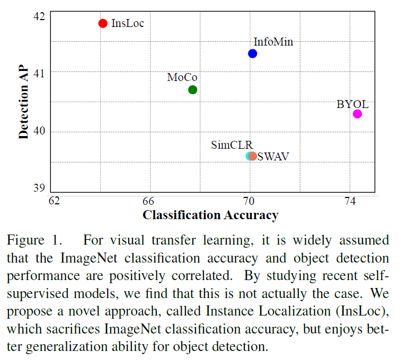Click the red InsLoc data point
(103, 23)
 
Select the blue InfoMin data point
(253, 53)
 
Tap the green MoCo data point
(193, 89)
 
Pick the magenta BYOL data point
(358, 114)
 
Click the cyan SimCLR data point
(249, 156)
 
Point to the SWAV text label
(273, 157)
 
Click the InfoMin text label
(273, 42)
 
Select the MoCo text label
(182, 78)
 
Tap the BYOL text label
(353, 104)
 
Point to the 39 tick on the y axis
(39, 188)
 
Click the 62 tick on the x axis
(54, 201)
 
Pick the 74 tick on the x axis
(350, 201)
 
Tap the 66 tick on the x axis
(148, 201)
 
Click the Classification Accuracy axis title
(210, 215)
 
